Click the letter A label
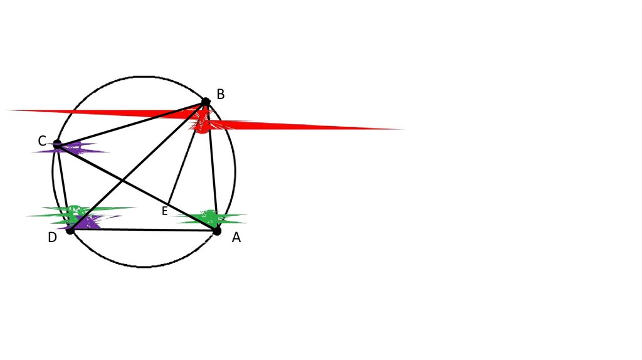(236, 238)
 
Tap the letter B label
(220, 95)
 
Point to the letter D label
(53, 237)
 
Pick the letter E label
(164, 211)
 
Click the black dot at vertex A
(217, 231)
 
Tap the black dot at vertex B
(206, 102)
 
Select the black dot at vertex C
(57, 145)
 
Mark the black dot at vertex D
(70, 230)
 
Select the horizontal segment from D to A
(144, 230)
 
